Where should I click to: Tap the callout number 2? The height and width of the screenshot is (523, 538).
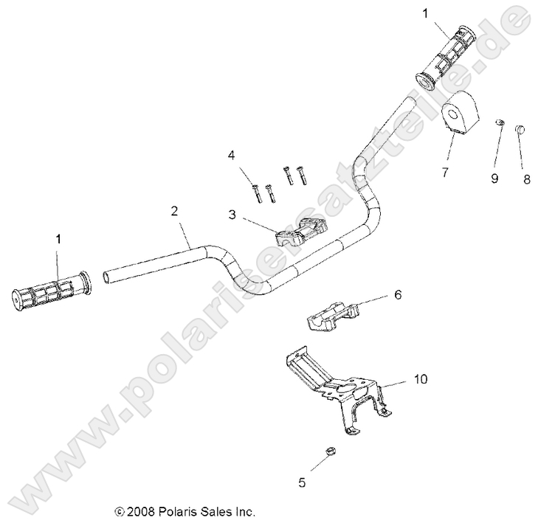(x=174, y=211)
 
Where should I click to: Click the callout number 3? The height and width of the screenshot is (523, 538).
(x=232, y=215)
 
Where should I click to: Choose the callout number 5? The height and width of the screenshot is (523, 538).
(x=302, y=482)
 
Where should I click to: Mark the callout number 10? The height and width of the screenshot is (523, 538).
(x=420, y=379)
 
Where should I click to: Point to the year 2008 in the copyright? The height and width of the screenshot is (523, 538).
(x=140, y=510)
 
